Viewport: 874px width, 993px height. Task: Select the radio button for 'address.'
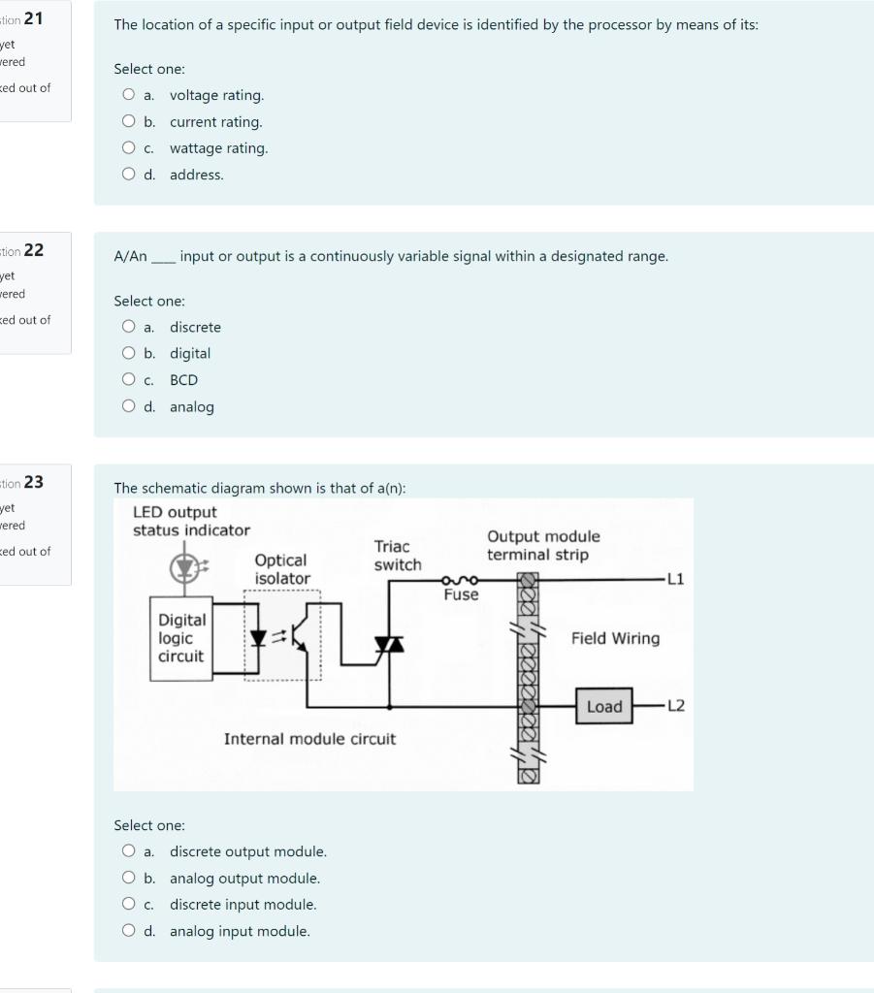tap(129, 175)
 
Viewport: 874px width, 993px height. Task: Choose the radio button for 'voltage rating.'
tap(129, 95)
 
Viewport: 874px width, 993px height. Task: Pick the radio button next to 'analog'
tap(129, 407)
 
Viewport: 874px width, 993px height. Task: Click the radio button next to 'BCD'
tap(129, 380)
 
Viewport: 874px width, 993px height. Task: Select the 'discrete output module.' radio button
tap(129, 851)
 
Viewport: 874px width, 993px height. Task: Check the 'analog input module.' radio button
tap(129, 931)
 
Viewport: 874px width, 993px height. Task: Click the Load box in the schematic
tap(603, 707)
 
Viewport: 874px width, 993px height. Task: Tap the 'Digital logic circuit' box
tap(181, 638)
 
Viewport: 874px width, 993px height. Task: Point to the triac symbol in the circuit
tap(389, 643)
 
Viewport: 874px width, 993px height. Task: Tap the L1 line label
tap(675, 580)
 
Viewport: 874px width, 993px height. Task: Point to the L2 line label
tap(675, 706)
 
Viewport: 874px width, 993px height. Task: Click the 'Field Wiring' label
tap(615, 638)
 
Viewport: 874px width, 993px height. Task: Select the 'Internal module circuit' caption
tap(309, 739)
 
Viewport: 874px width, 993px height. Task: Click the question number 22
tap(34, 250)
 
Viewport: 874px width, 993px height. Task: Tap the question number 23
tap(34, 482)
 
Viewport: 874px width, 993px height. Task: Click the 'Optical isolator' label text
tap(282, 569)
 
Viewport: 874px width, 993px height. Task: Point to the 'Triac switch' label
tap(397, 556)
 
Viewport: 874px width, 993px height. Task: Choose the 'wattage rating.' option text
tap(218, 148)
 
